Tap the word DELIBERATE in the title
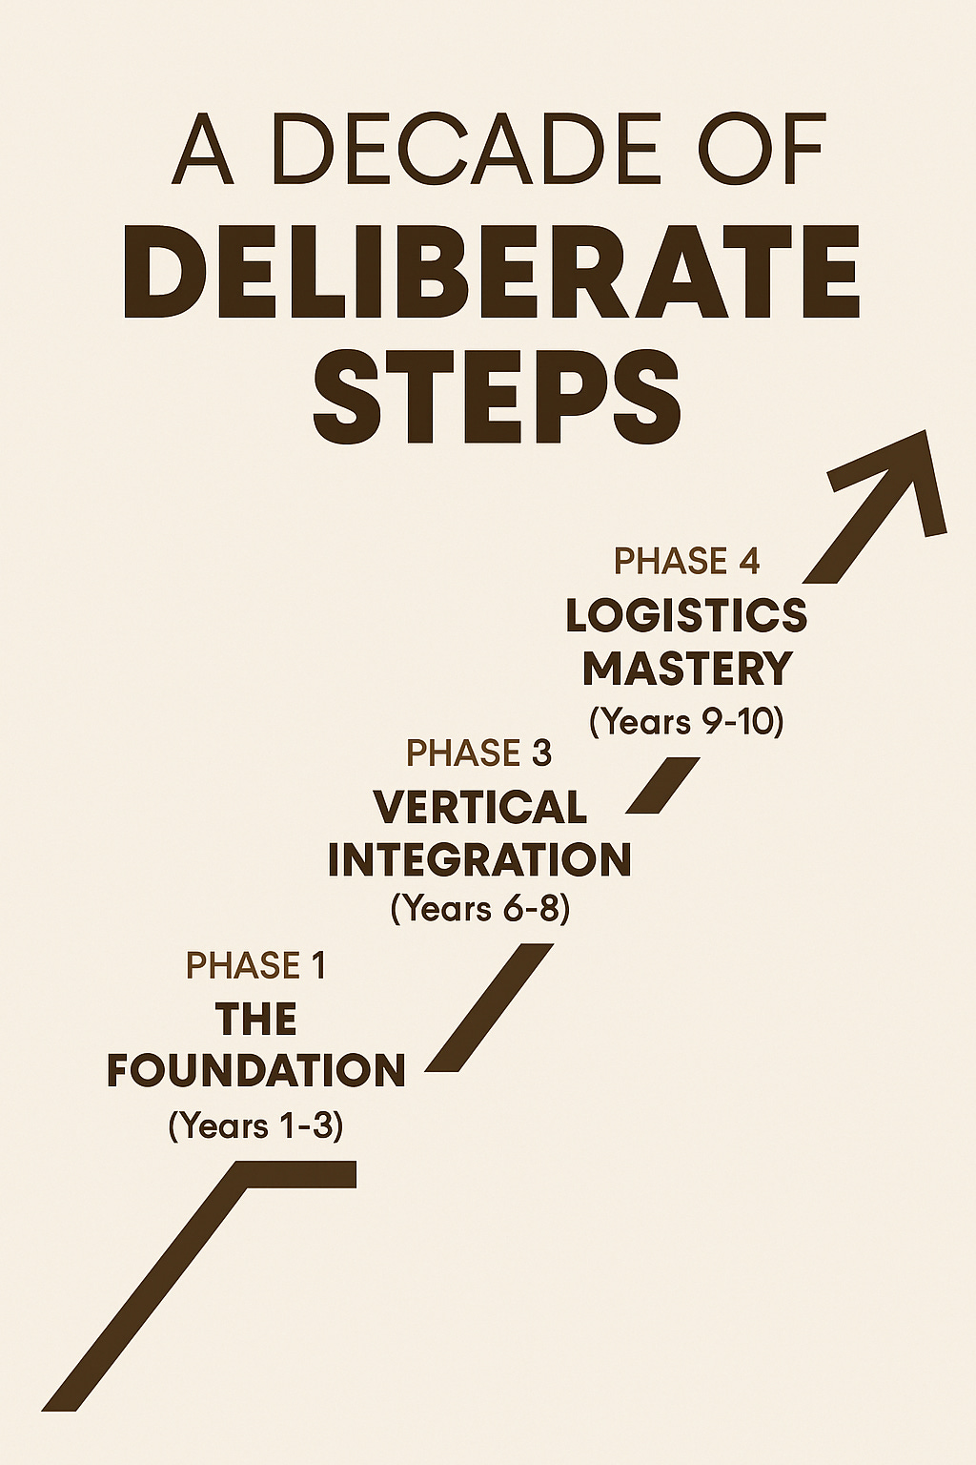coord(492,273)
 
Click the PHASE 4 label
coord(686,561)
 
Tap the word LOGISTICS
coord(686,616)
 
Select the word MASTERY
coord(687,669)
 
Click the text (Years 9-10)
coord(686,722)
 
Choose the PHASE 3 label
coord(478,753)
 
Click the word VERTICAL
coord(479,808)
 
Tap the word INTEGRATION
coord(479,859)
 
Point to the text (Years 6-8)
coord(479,908)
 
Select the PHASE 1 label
coord(255,966)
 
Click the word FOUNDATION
coord(255,1071)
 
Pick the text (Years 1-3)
coord(255,1125)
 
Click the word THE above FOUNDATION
coord(255,1020)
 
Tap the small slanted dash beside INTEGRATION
coord(662,785)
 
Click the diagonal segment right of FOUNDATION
coord(489,1007)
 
